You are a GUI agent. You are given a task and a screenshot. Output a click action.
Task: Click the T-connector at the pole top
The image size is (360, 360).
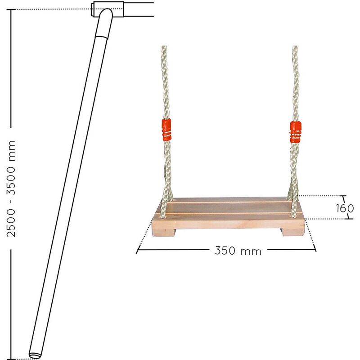107,9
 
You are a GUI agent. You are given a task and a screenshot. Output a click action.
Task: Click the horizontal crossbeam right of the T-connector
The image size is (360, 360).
139,9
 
